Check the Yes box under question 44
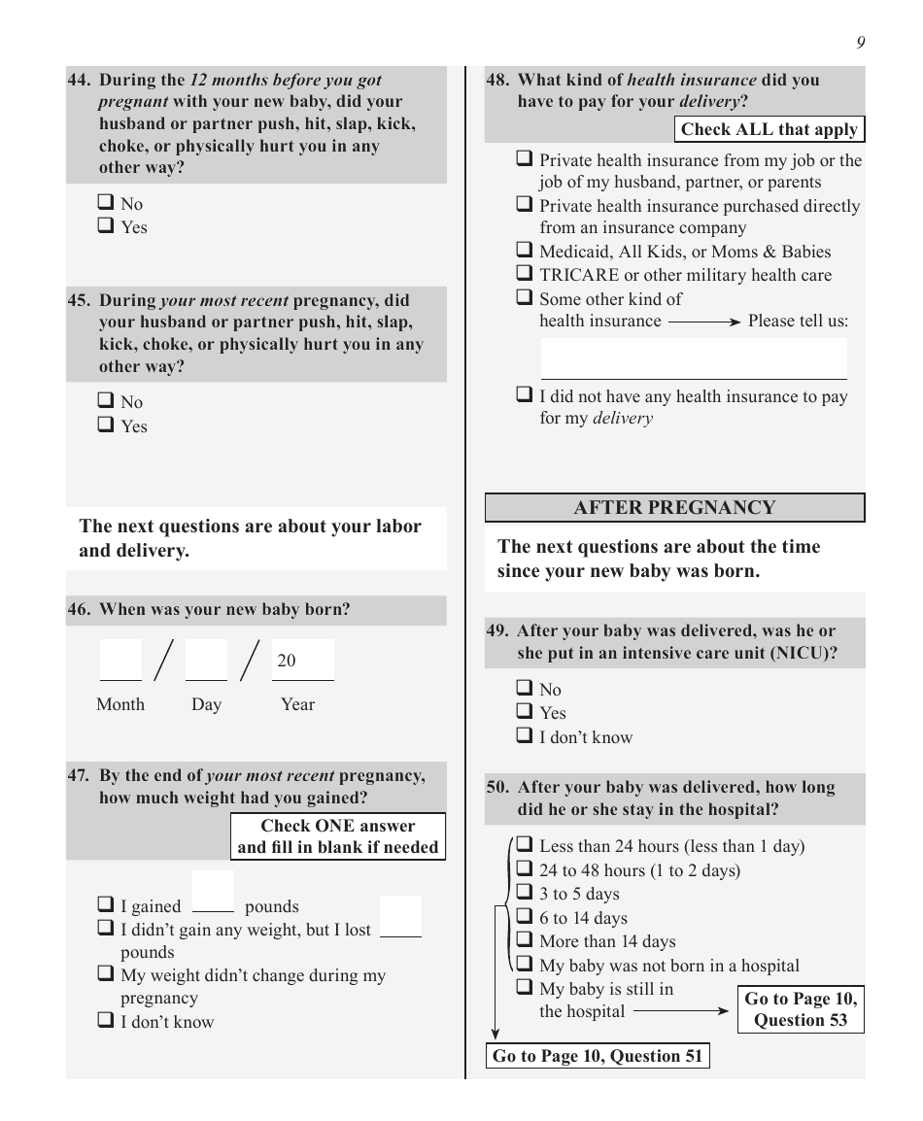tap(106, 226)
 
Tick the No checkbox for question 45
tap(106, 401)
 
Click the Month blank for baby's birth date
tap(120, 661)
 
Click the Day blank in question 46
tap(206, 661)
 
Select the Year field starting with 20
tap(302, 661)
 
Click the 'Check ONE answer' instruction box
tap(338, 836)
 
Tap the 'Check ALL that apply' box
tap(769, 129)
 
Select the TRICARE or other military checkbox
tap(525, 274)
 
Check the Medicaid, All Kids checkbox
tap(525, 251)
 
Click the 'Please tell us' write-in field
tap(694, 358)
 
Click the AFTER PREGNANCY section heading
tap(674, 507)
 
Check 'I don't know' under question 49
tap(525, 736)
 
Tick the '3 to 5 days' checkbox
tap(525, 893)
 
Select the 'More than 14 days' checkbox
tap(525, 940)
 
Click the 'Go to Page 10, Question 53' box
tap(801, 1009)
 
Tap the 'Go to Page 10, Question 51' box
tap(598, 1056)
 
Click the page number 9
tap(861, 42)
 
